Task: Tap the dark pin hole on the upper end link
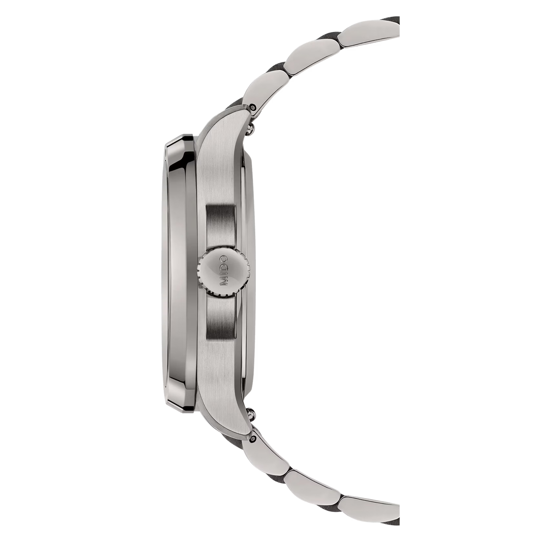pyautogui.click(x=255, y=108)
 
